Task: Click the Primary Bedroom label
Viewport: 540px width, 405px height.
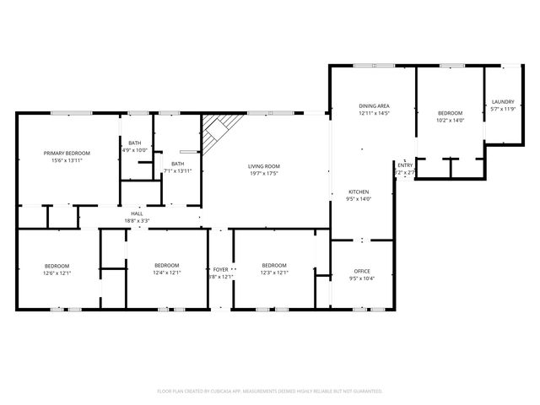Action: coord(67,153)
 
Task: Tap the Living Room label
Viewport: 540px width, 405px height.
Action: coord(263,166)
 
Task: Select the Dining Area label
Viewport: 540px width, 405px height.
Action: coord(374,106)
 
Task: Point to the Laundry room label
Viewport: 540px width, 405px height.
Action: coord(503,102)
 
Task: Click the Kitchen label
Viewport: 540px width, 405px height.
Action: coord(359,192)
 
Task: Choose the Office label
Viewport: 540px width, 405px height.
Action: coord(362,271)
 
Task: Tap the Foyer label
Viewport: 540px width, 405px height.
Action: coord(220,270)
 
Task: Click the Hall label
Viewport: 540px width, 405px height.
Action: coord(137,213)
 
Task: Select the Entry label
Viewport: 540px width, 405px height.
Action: coord(405,165)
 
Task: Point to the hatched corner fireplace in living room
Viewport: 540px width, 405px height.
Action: coord(218,131)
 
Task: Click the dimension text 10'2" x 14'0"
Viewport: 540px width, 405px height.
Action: coord(450,121)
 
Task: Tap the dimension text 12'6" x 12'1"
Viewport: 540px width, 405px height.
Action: coord(57,273)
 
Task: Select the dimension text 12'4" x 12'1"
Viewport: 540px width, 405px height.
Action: coord(166,273)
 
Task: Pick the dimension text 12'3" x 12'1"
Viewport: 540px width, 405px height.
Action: coord(274,273)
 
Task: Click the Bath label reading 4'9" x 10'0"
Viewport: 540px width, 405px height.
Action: coord(135,150)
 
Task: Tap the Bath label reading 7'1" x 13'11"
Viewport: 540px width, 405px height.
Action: coord(178,170)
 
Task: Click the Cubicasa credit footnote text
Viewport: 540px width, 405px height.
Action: coord(270,391)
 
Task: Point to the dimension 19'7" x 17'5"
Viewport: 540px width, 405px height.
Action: coord(263,174)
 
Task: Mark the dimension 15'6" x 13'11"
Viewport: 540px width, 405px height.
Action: coord(67,160)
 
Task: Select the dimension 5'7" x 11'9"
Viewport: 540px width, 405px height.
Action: coord(503,109)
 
